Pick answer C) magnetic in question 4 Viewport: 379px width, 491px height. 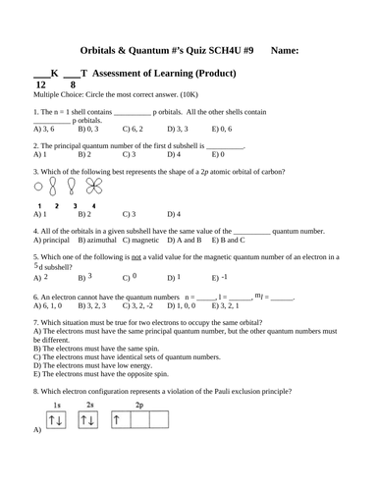(141, 239)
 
